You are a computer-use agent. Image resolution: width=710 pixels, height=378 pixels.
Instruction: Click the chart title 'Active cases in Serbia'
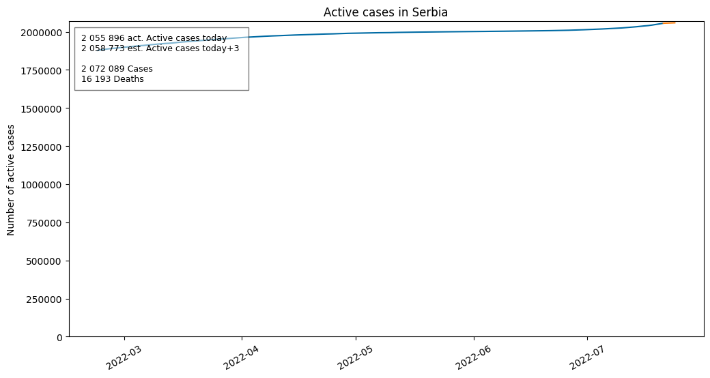385,12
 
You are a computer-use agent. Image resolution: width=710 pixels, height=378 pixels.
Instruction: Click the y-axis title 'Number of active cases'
10,179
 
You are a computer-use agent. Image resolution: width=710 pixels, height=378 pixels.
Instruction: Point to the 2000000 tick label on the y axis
41,33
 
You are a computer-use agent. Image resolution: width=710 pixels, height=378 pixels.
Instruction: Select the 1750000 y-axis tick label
41,71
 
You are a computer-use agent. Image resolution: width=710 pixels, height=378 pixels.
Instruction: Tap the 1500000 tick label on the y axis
41,108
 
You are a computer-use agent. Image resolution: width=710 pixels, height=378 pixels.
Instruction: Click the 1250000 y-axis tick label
41,147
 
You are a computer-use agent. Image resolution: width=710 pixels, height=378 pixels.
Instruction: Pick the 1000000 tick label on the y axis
41,185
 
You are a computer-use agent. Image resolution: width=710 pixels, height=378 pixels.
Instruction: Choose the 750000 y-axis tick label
44,223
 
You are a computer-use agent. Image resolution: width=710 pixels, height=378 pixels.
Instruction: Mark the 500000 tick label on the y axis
44,261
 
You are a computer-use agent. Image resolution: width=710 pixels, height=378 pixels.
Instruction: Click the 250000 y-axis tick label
44,300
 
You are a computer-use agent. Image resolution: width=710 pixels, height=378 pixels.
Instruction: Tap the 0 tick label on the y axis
59,338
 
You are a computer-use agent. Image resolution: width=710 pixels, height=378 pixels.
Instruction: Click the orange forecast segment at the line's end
669,23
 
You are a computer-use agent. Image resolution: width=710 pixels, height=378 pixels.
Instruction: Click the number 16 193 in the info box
96,78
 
